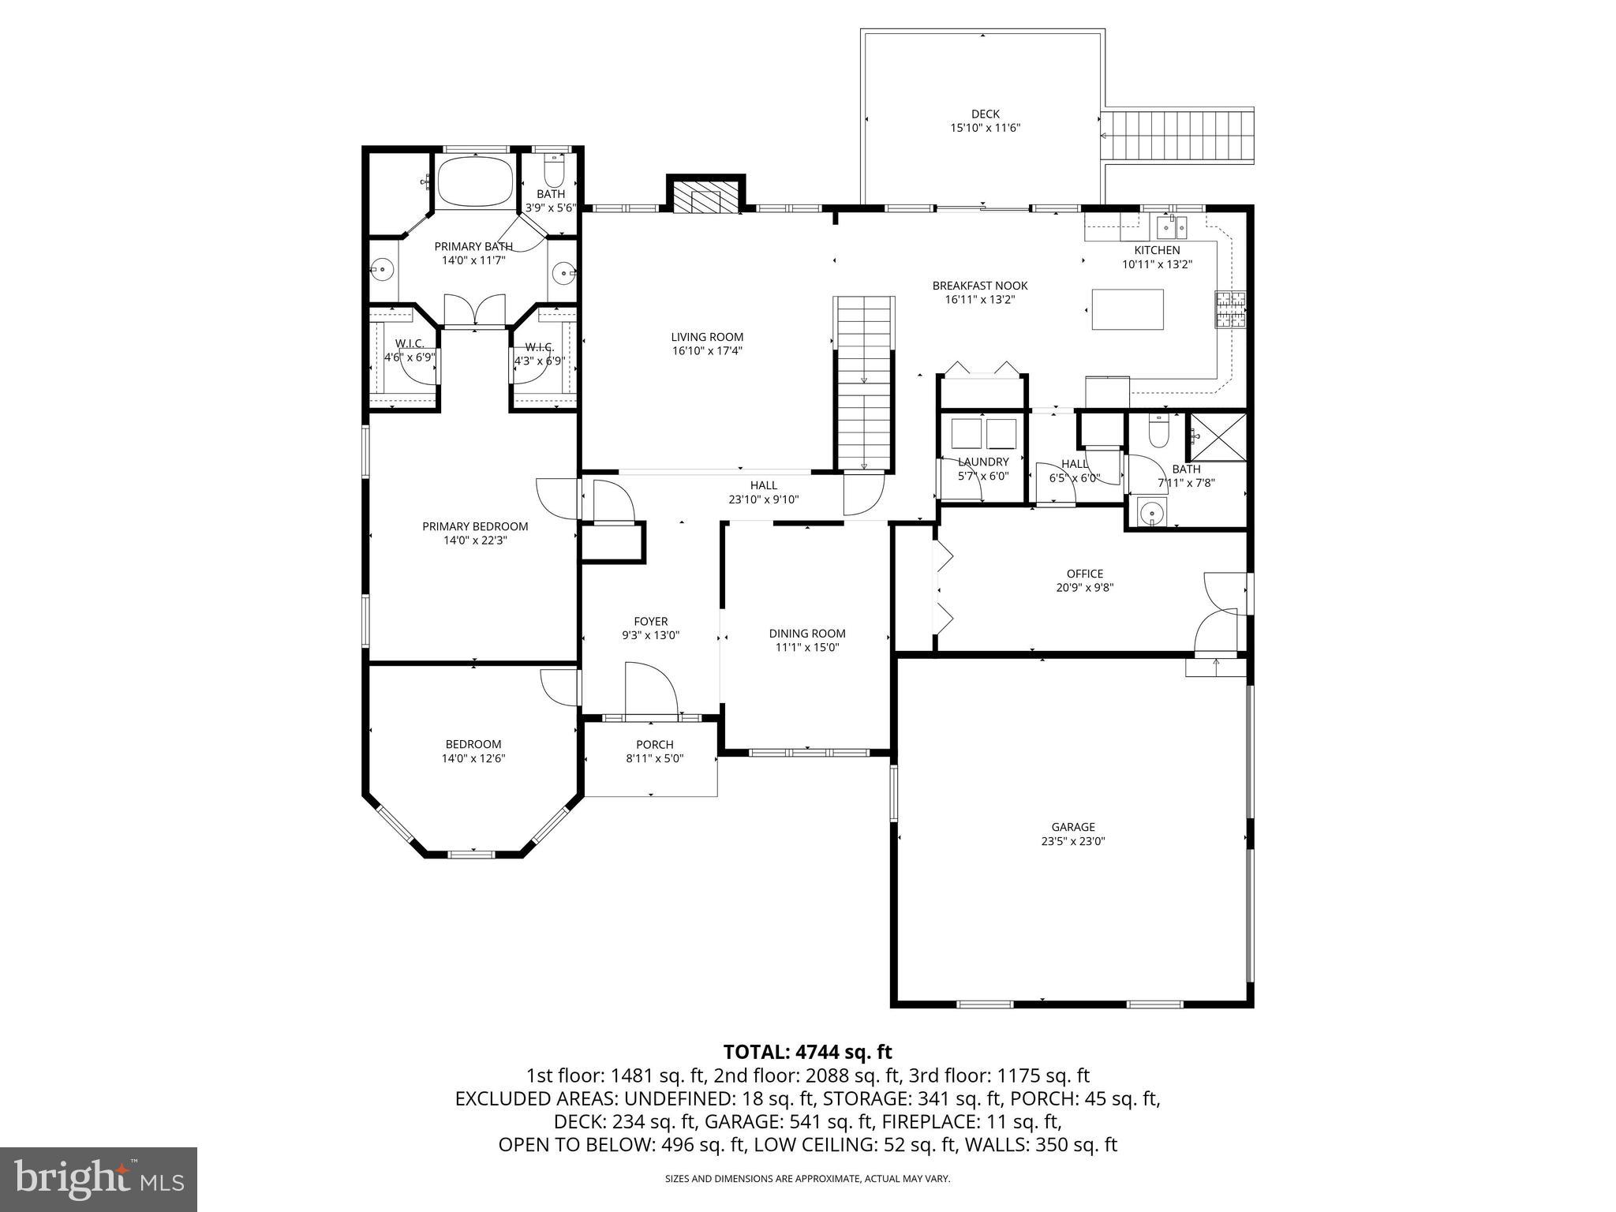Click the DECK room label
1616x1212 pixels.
(985, 114)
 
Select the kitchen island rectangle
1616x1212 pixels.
(1128, 309)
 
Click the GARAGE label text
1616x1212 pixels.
(1072, 827)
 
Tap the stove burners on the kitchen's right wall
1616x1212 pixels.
(1230, 309)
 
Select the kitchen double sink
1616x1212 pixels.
(1172, 228)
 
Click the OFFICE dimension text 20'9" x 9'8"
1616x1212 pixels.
(1084, 587)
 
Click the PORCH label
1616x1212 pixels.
(654, 744)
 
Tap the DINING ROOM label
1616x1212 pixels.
(807, 633)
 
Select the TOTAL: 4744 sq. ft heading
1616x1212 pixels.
(807, 1052)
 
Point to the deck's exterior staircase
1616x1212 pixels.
(1177, 137)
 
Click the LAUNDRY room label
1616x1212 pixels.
(983, 462)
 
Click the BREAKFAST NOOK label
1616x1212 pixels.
(979, 286)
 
